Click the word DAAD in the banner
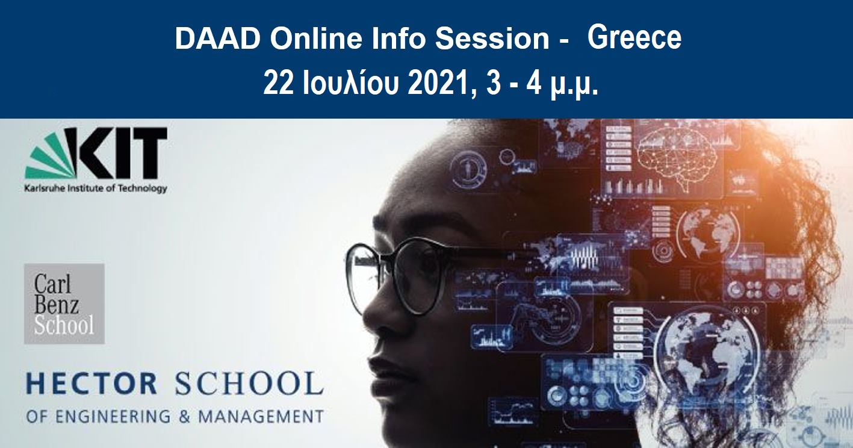coord(217,39)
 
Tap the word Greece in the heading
coord(634,38)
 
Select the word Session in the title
coord(492,39)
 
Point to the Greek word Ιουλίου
coord(351,84)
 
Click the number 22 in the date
coord(278,84)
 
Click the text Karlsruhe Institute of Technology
coord(96,188)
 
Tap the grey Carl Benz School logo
coord(64,303)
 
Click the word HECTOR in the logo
coord(92,384)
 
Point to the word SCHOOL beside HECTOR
coord(249,384)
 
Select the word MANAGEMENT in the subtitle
coord(261,416)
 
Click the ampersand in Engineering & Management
coord(184,416)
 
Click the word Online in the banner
coord(315,39)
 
